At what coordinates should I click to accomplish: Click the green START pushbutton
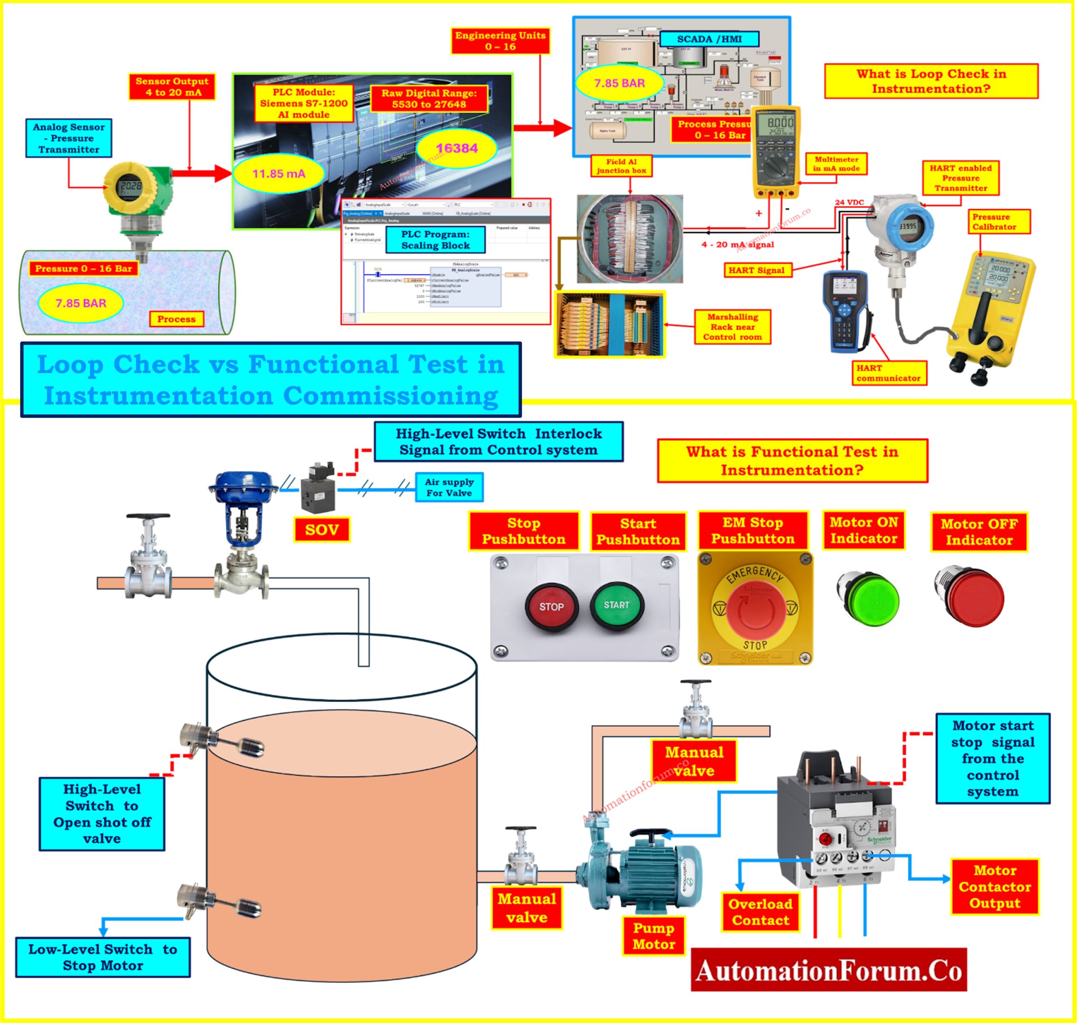617,605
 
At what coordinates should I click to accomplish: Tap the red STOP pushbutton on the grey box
551,607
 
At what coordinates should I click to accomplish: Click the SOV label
322,530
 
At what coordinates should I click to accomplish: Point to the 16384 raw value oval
456,148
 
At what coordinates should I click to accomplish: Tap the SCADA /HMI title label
709,39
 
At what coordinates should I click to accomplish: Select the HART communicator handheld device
845,311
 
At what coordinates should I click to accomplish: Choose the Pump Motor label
653,936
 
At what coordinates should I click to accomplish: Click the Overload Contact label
760,912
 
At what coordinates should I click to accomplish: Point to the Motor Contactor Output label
995,887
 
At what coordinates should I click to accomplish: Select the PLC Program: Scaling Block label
435,240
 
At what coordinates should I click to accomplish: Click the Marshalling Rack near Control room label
732,327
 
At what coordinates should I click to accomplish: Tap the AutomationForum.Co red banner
828,971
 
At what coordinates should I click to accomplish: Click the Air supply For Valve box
449,488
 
